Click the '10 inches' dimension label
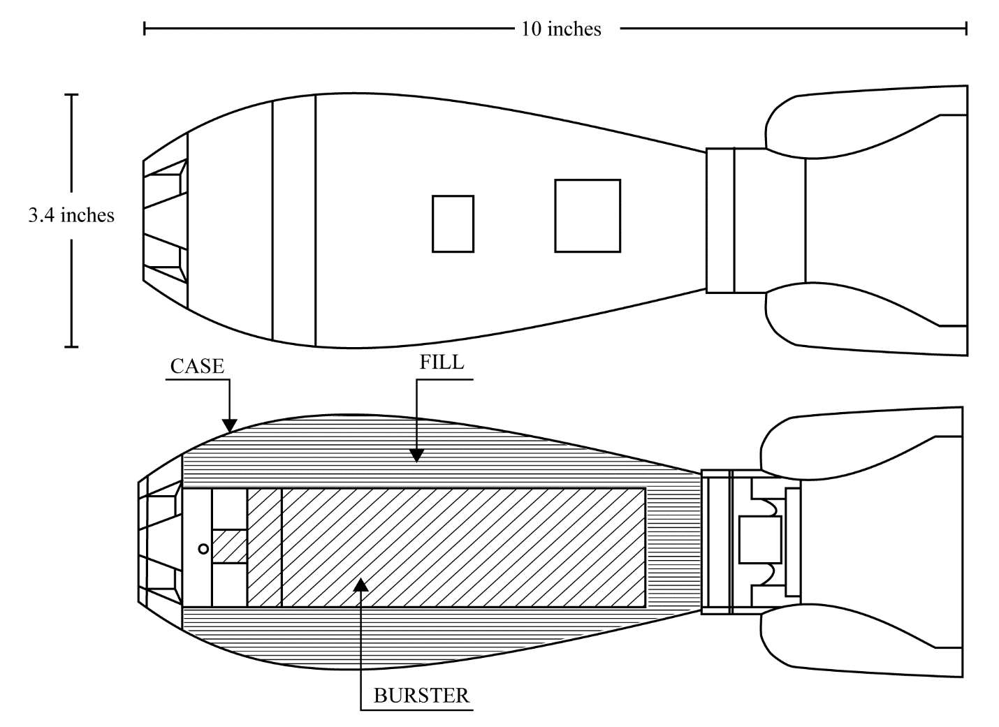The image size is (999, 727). pos(561,29)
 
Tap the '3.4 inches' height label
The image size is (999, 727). pos(71,215)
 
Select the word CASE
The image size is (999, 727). pos(197,367)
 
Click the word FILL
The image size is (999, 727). pos(442,362)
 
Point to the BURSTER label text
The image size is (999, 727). pos(421,696)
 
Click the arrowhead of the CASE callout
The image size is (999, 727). pos(230,426)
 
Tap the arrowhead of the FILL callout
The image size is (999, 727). pos(416,455)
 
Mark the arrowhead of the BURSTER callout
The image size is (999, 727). pos(360,585)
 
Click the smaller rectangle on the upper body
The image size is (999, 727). pos(453,223)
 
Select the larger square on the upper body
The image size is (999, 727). pos(588,216)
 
